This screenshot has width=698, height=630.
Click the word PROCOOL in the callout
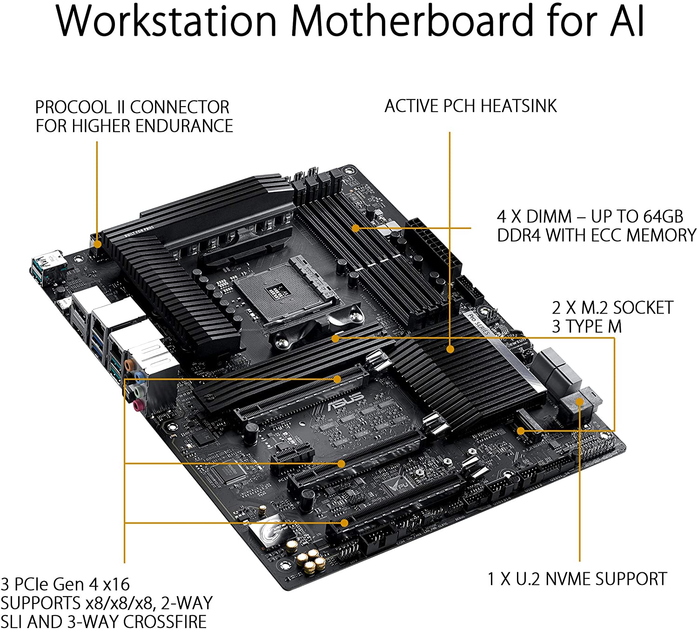click(x=74, y=107)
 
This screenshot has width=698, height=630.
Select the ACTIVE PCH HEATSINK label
click(x=470, y=106)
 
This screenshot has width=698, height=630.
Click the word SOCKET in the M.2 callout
click(x=643, y=308)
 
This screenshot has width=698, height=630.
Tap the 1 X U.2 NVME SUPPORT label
click(x=577, y=579)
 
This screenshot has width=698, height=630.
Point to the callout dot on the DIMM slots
click(x=356, y=228)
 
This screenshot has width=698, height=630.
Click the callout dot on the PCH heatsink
click(x=450, y=349)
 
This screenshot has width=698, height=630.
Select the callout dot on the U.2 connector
click(x=580, y=402)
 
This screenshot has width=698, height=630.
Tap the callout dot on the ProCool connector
click(x=97, y=243)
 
